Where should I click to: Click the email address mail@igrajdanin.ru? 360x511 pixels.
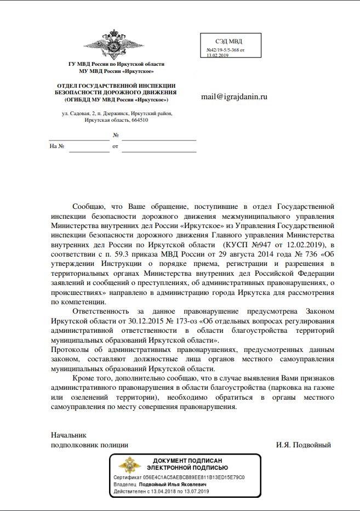tap(235, 96)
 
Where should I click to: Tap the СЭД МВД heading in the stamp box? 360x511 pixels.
tap(229, 41)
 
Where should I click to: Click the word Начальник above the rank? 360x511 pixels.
tap(69, 434)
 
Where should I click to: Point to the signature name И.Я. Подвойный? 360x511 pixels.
tap(304, 445)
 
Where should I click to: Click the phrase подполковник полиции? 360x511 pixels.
tap(89, 445)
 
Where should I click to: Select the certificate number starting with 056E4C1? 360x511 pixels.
tap(195, 477)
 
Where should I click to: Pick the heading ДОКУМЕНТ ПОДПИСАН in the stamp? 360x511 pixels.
tap(187, 461)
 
